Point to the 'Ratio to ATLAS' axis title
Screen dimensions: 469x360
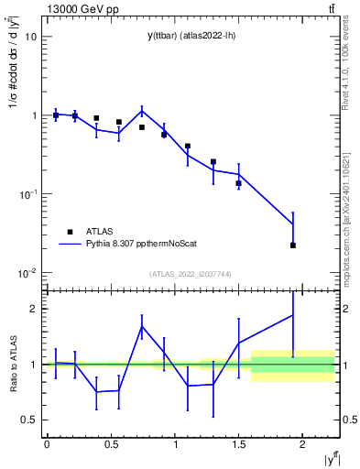[12, 365]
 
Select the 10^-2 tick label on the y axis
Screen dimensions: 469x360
[27, 273]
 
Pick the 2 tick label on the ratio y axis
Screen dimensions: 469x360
[33, 309]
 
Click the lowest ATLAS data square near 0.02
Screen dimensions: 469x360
[293, 245]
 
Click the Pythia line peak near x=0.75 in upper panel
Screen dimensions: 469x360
[142, 111]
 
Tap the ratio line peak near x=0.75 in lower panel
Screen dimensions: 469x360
[142, 326]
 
